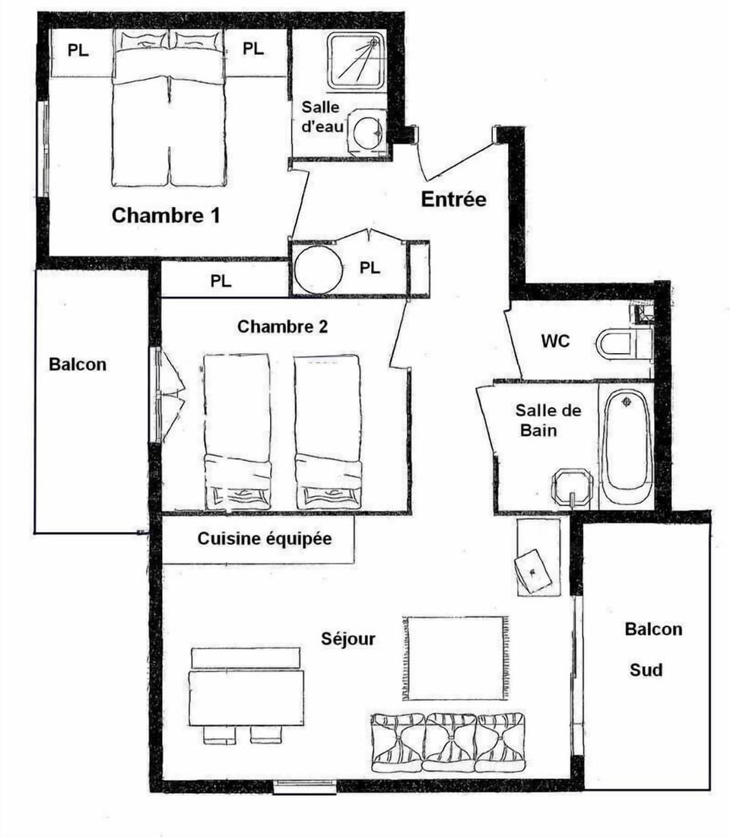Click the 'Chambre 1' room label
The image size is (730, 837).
tap(166, 215)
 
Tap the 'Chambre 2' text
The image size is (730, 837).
tap(283, 326)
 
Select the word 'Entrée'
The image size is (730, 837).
tap(453, 199)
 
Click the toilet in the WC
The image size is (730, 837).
tap(621, 343)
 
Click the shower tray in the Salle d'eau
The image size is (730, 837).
tap(356, 60)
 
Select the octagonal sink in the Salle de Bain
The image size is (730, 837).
tap(573, 487)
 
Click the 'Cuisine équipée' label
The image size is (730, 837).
tap(265, 539)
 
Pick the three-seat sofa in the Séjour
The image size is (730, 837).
tap(448, 742)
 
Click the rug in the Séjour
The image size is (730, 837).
tap(455, 658)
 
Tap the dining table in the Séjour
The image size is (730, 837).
tap(246, 697)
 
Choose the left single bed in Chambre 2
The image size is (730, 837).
tap(237, 430)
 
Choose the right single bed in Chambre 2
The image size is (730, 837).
tap(327, 430)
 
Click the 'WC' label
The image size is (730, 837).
tap(555, 341)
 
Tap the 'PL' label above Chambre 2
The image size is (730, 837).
tap(221, 281)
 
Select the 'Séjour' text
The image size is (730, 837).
tap(348, 638)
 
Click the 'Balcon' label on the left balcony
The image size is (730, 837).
tap(78, 364)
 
